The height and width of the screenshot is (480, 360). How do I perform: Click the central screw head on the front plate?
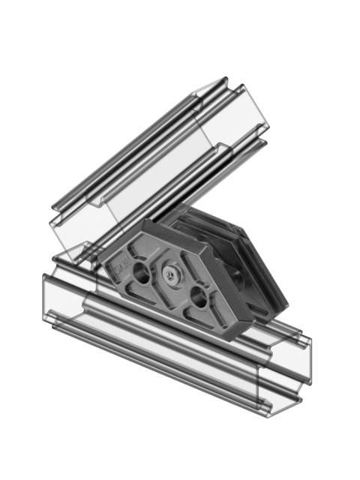[172, 276]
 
